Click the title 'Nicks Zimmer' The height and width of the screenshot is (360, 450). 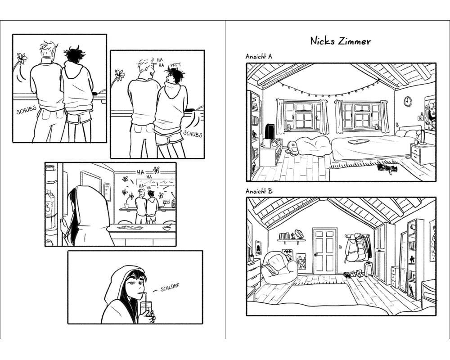point(340,41)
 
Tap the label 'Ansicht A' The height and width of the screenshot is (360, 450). point(259,56)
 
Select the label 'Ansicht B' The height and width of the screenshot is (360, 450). point(259,191)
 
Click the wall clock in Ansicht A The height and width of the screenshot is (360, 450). point(408,101)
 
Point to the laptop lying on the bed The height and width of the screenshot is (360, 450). point(358,142)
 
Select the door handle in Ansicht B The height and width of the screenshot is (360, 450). point(316,255)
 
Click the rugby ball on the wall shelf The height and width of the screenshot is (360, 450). point(299,234)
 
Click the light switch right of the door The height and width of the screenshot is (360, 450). point(340,247)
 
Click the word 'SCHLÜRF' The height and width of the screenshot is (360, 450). point(170,288)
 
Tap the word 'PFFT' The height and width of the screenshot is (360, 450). point(175,65)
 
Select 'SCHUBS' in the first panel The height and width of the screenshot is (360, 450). point(27,110)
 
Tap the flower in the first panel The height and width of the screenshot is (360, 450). point(22,58)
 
